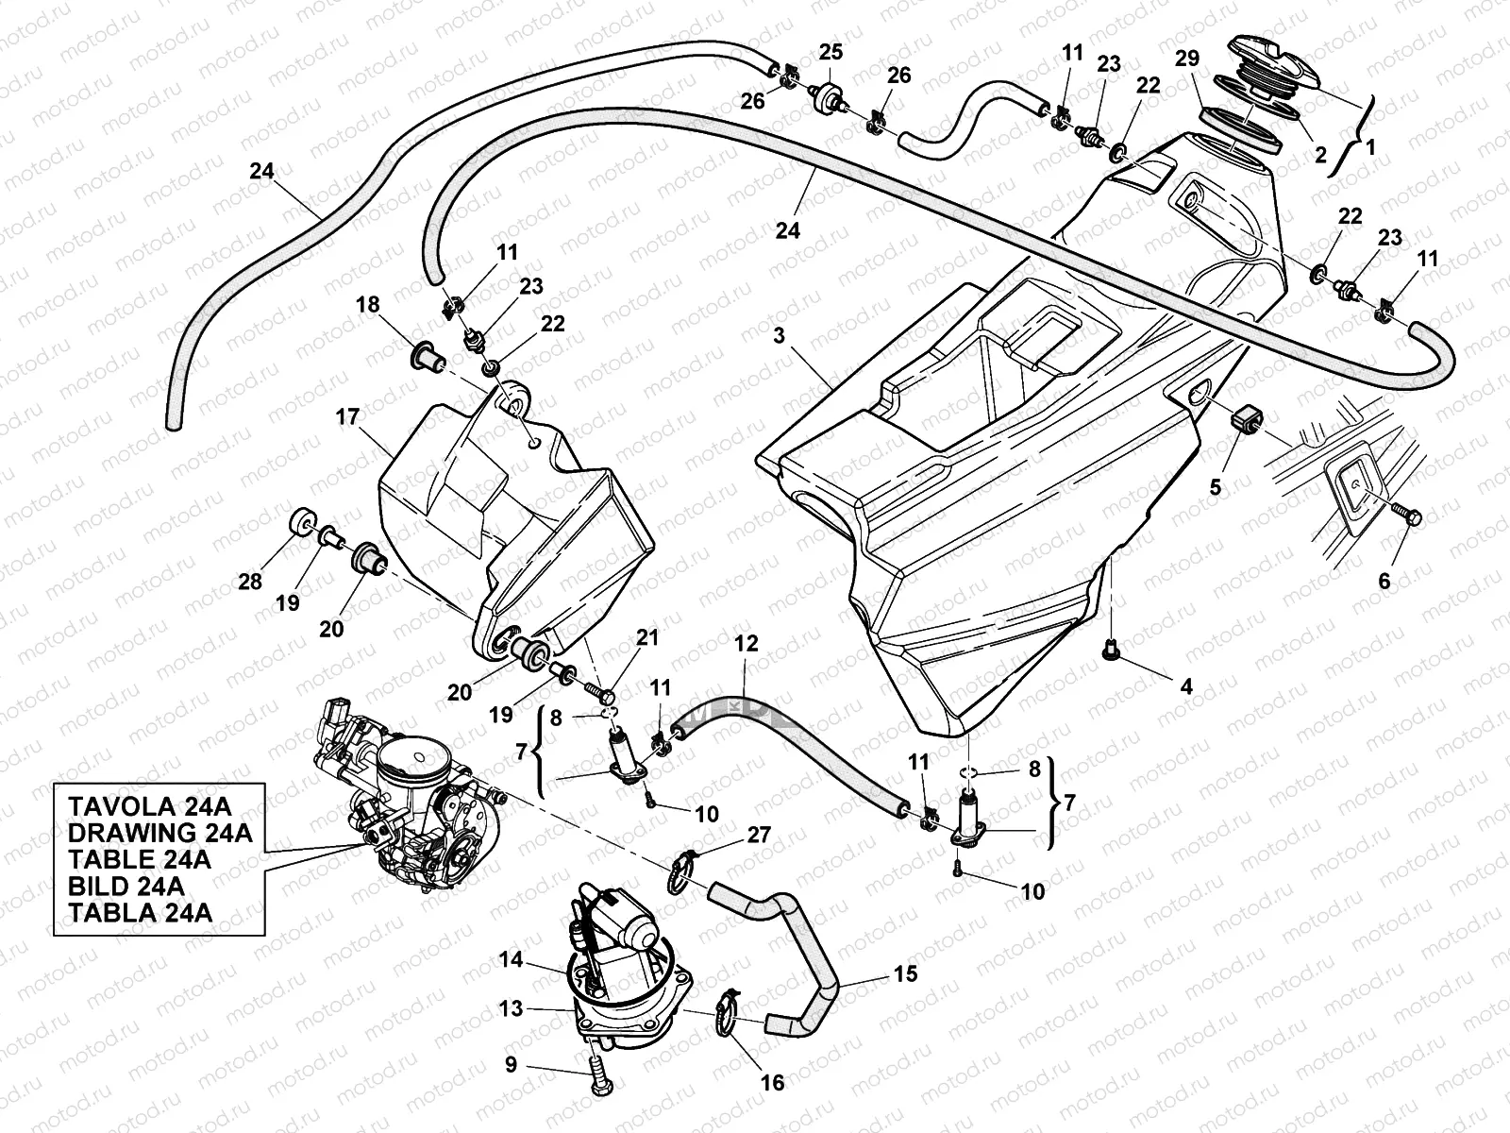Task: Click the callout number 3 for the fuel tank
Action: (x=780, y=335)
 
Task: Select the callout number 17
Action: (x=348, y=416)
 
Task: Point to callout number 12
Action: (x=746, y=644)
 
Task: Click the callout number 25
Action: (x=830, y=53)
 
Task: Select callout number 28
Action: (x=249, y=581)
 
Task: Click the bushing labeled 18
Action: (x=421, y=354)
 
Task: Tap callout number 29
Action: (x=1186, y=59)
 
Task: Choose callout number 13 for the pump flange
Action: (x=511, y=1009)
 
